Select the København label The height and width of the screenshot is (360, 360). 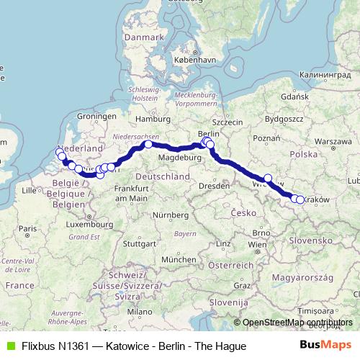(x=193, y=62)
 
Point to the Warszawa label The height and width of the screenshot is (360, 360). (x=332, y=141)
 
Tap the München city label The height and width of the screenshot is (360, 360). (x=179, y=259)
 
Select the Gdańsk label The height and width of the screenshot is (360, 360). (x=295, y=96)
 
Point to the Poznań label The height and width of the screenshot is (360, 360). (x=266, y=138)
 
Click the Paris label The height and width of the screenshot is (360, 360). (x=28, y=229)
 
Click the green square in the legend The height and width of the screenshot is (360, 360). (x=10, y=346)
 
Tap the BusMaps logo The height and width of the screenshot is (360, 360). (x=325, y=346)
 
